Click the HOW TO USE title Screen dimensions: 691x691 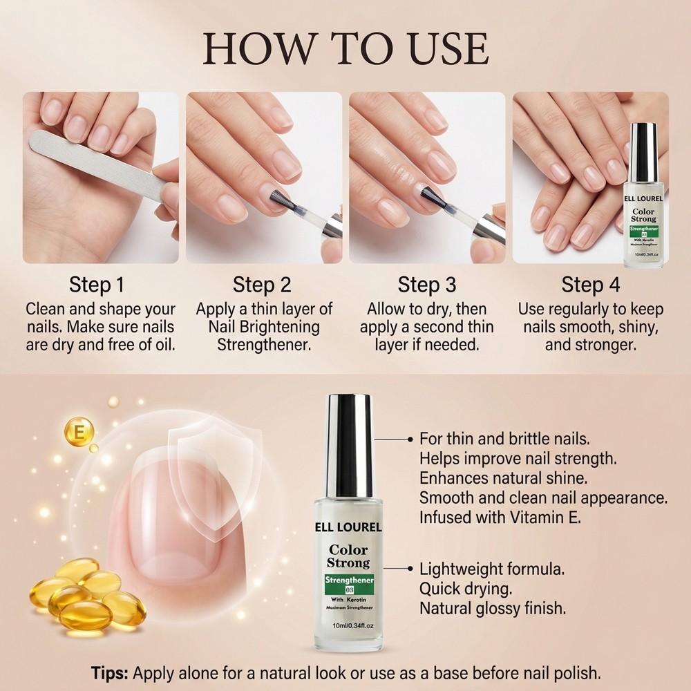pos(345,48)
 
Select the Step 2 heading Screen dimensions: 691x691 pos(262,285)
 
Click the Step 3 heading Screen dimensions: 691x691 pos(427,285)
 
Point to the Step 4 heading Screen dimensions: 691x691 pos(591,285)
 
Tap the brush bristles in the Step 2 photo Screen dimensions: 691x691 pos(276,196)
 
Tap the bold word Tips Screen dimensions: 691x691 pos(111,672)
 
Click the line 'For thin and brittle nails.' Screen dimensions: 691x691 pos(504,439)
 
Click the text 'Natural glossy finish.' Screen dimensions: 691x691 pos(493,609)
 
